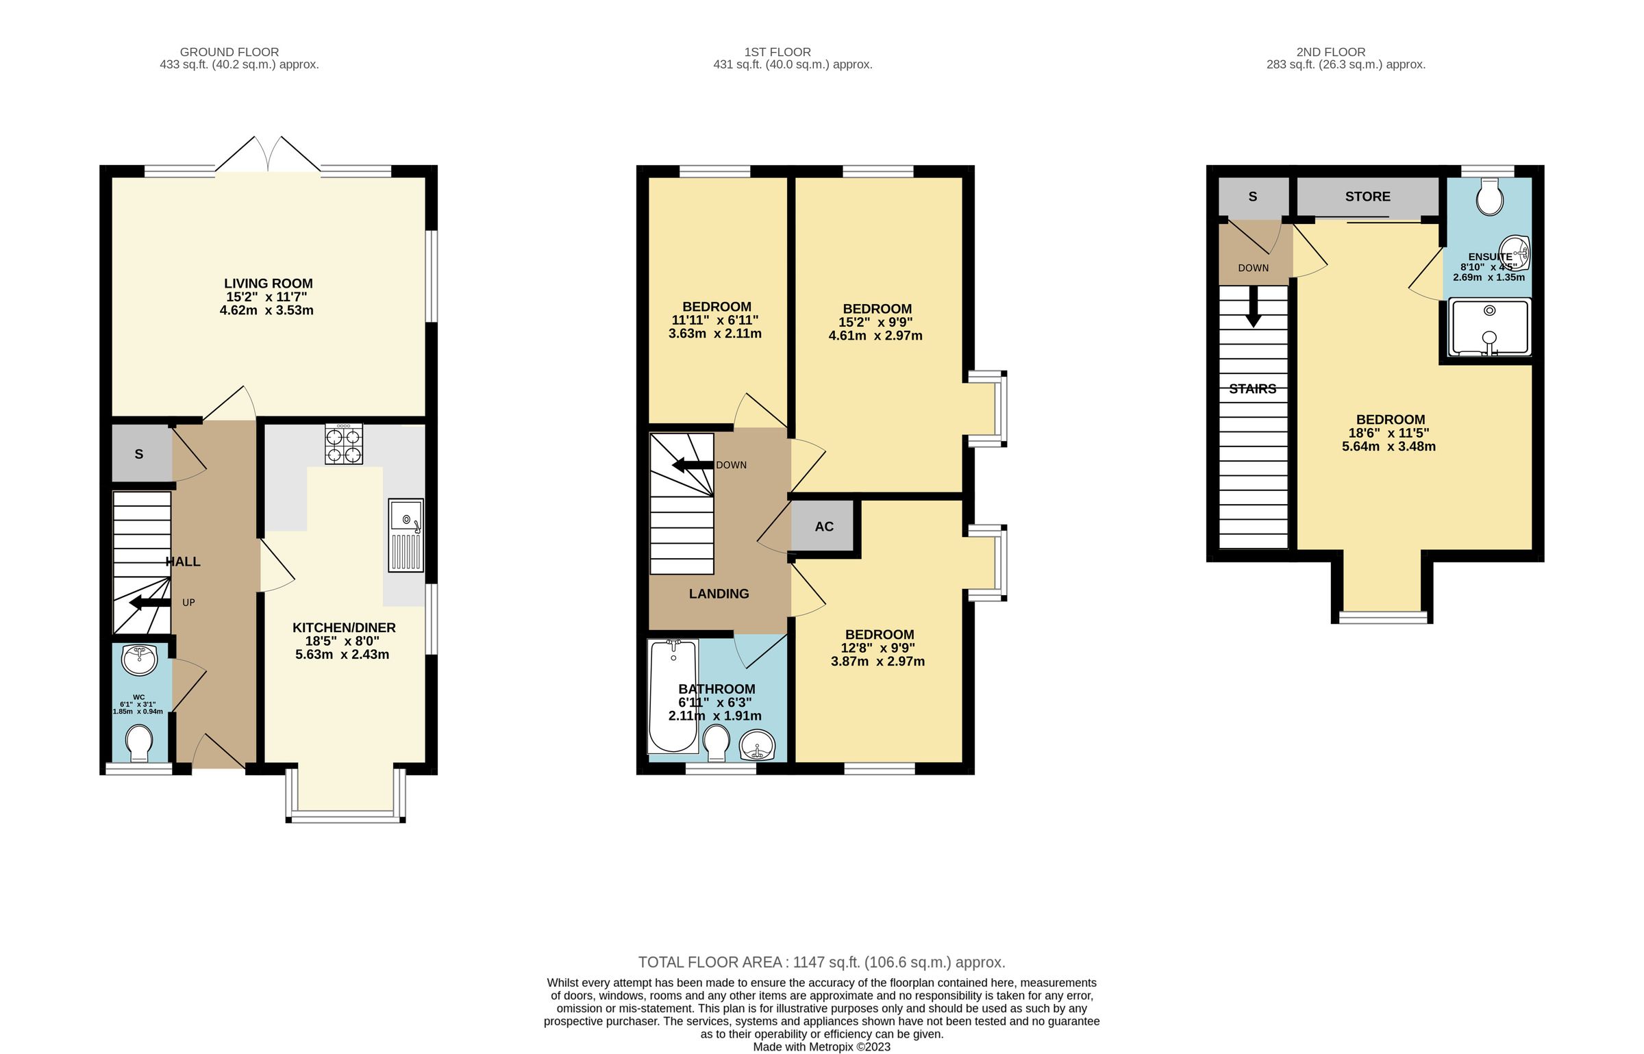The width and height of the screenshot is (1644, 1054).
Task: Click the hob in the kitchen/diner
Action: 344,444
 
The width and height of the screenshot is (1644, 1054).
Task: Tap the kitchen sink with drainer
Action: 406,535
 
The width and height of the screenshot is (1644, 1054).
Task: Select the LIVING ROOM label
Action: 268,284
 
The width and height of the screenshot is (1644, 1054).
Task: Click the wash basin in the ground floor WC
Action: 140,660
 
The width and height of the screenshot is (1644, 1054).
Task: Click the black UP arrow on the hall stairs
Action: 149,603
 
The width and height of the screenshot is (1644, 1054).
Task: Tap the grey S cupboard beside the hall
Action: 140,453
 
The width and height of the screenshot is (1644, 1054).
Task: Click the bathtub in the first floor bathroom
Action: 673,695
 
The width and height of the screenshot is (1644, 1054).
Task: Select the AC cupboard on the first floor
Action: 823,526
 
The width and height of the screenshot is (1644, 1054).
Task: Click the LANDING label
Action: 719,594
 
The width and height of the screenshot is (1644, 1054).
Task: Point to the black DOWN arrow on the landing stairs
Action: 693,466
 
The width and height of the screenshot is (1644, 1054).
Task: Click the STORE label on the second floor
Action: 1367,197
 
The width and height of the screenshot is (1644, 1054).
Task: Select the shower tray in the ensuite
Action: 1489,327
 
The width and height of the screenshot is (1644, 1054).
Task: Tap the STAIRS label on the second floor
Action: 1252,389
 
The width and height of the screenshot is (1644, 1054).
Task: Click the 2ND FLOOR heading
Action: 1330,52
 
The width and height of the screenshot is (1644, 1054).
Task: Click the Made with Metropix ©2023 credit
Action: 821,1046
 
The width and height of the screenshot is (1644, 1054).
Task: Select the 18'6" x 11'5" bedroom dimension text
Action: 1388,434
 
